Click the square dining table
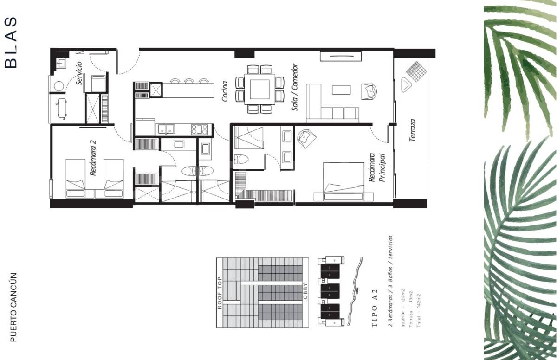point(259,89)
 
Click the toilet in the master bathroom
point(241,159)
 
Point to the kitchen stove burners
point(199,129)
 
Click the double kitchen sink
point(166,129)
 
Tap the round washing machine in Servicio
point(58,86)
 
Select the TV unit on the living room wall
point(341,56)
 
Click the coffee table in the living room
point(342,89)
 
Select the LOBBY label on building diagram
point(305,293)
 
